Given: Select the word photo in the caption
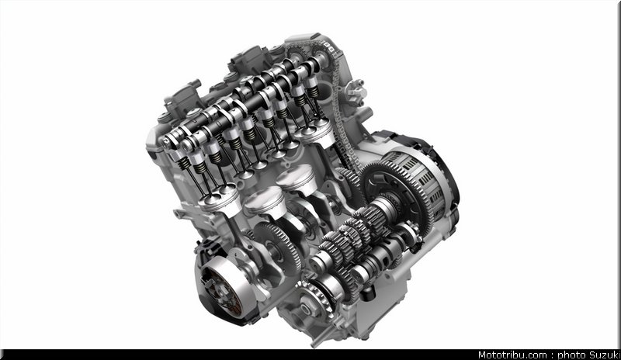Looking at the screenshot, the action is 571,355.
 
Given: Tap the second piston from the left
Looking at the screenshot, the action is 265,202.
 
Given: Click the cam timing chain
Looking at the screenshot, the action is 340,107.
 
